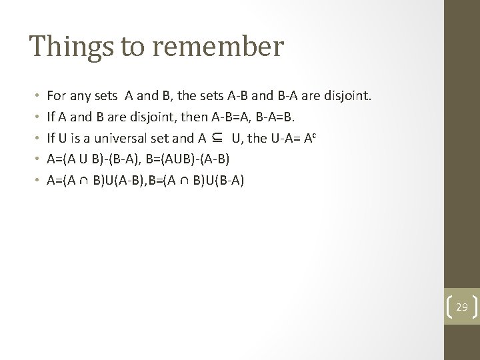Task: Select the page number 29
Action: coord(462,307)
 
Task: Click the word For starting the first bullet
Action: coord(57,98)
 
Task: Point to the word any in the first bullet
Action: coord(83,98)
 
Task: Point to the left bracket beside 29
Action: coord(449,307)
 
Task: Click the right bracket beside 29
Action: coord(474,307)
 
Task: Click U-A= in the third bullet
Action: coord(274,139)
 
